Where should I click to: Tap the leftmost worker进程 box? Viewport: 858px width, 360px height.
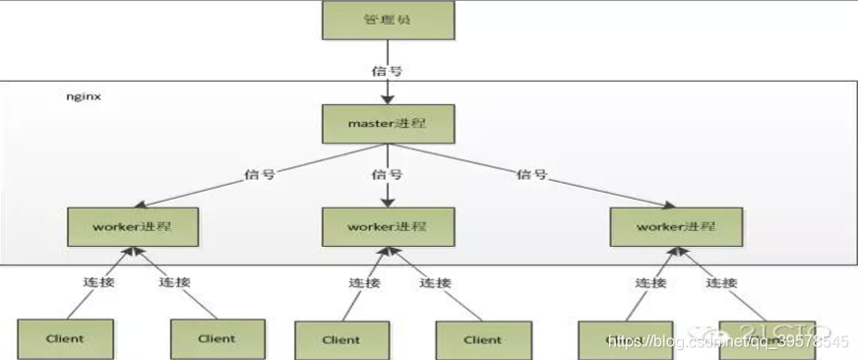tap(134, 227)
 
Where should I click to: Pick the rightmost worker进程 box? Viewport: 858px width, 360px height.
tap(675, 227)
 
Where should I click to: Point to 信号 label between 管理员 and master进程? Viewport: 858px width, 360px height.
tap(387, 71)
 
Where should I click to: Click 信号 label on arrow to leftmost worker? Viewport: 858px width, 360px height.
tap(259, 174)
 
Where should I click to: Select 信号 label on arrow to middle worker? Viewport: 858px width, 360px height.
tap(387, 175)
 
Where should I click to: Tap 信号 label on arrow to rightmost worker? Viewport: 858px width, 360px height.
tap(531, 174)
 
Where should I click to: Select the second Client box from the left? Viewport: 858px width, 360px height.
tap(217, 337)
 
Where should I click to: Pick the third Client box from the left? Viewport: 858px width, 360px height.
tap(340, 339)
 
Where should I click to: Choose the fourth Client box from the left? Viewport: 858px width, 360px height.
tap(482, 339)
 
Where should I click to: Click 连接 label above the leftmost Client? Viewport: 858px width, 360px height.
tap(98, 281)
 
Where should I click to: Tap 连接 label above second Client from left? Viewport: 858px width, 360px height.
tap(174, 281)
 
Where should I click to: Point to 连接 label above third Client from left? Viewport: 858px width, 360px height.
tap(364, 282)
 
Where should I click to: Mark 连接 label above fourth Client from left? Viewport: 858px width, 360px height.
tap(435, 282)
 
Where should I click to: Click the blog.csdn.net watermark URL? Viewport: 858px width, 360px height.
tap(727, 341)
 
